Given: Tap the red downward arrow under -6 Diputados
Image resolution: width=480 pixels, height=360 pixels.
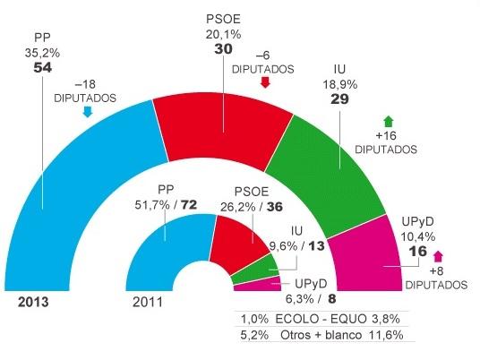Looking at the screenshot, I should [264, 83].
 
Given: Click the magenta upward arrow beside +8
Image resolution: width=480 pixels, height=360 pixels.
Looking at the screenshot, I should [437, 259].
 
